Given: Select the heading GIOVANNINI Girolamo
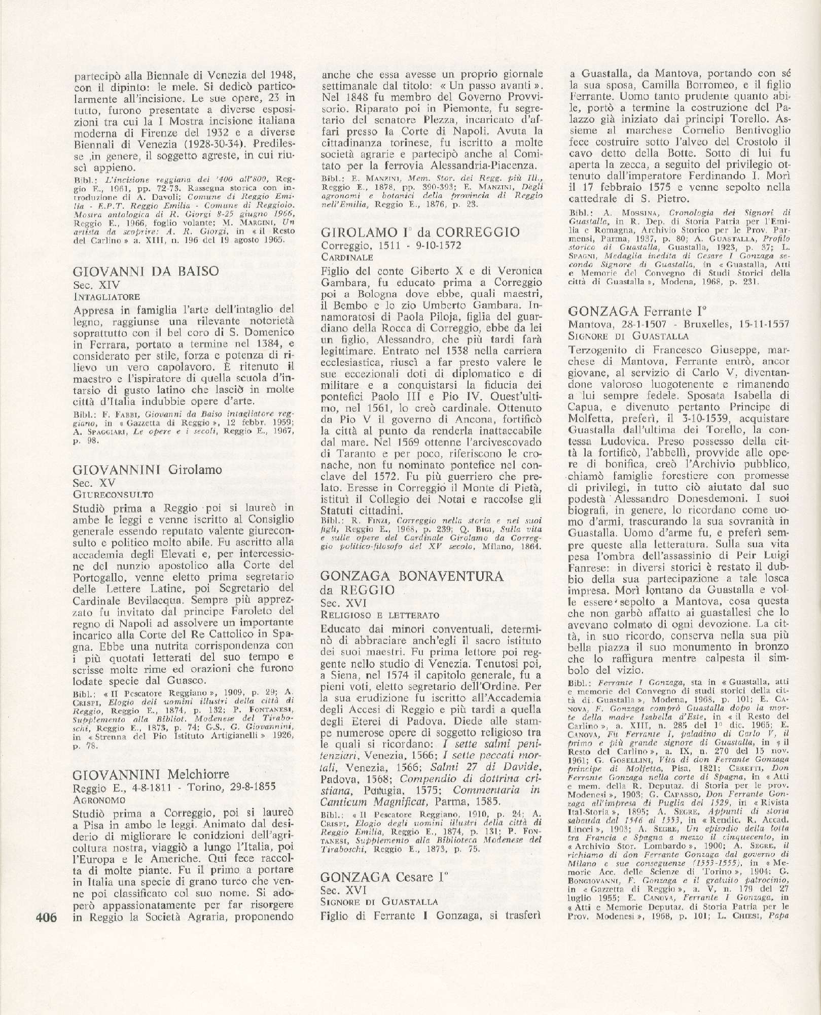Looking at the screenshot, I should point(148,469).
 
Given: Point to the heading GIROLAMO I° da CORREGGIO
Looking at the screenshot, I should point(421,232).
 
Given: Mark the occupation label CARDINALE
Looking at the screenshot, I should point(347,257).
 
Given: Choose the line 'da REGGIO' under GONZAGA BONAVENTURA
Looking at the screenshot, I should point(358,590).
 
